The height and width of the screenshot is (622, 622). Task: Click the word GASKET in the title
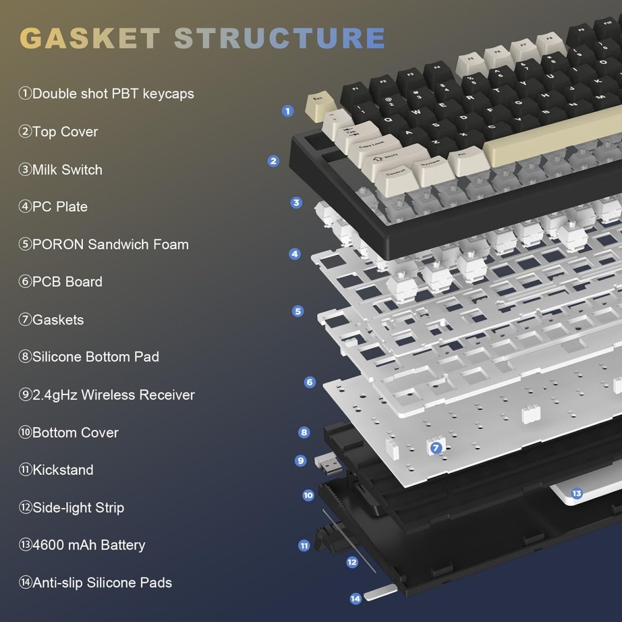90,38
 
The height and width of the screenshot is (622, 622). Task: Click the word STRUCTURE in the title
280,38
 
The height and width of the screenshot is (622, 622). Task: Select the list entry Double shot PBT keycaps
106,94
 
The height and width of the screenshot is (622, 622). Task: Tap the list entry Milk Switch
61,169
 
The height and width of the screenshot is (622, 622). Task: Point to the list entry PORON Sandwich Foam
104,244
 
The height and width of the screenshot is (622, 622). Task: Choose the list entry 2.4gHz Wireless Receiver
107,395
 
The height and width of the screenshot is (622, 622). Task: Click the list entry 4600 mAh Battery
82,545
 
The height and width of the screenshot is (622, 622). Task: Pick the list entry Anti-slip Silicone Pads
95,583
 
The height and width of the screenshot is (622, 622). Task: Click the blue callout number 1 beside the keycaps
288,110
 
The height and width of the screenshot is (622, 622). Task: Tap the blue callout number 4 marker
295,254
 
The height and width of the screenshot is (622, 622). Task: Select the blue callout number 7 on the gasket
436,448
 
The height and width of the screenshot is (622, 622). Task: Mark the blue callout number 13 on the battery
576,493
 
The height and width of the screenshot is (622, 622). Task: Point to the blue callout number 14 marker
355,599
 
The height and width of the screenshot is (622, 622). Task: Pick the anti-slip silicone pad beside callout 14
380,592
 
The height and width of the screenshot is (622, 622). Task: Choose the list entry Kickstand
56,470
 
